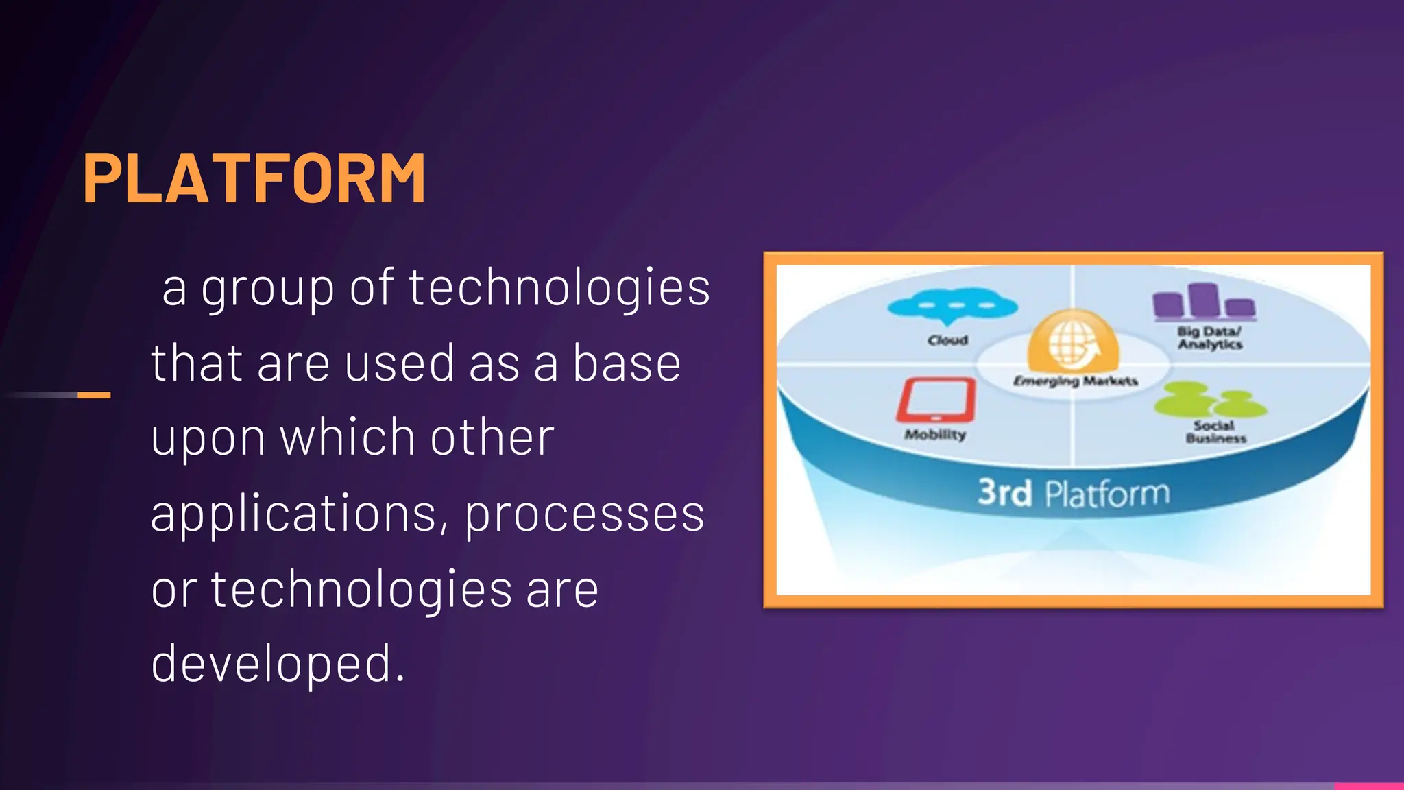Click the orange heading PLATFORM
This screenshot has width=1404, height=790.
click(254, 178)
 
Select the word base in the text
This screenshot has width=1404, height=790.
click(626, 363)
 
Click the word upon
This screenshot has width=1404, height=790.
click(208, 439)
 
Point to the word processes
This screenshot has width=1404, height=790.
click(584, 514)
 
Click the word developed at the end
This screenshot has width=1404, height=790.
click(277, 664)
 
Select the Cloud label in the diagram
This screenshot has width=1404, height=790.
click(947, 340)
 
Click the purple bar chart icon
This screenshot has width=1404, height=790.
click(1204, 302)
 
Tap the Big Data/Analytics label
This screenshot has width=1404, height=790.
click(1210, 337)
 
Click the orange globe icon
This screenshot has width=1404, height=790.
click(1073, 340)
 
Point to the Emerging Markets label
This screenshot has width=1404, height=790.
click(1075, 381)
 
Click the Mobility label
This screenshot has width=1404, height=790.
click(935, 434)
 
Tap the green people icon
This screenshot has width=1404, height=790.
click(1209, 400)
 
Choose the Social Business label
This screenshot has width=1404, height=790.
click(1215, 432)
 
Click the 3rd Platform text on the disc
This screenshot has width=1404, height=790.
click(1073, 493)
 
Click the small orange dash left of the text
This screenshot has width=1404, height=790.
click(94, 395)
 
